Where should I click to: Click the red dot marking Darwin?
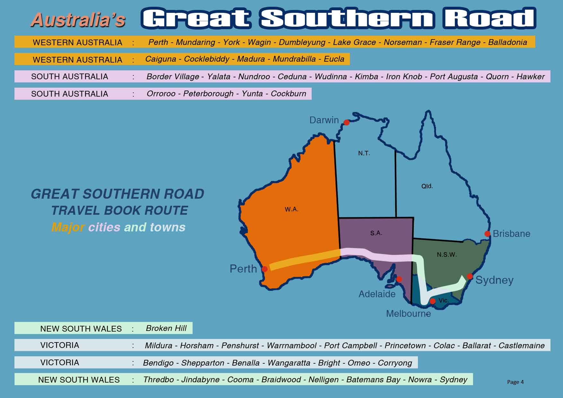346,122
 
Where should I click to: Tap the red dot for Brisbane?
487,234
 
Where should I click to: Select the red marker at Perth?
265,269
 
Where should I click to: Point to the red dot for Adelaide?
399,279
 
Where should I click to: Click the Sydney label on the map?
494,280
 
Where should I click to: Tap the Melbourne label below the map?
408,314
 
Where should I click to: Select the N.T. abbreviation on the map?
364,153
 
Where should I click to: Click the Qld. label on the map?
427,186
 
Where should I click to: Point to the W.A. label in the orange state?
291,209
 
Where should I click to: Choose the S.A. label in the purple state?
376,233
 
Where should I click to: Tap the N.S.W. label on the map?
446,255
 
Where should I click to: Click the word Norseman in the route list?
403,42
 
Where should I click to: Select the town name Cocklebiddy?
207,59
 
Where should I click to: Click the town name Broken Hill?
166,328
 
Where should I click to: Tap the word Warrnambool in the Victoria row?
291,346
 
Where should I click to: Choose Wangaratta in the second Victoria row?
289,363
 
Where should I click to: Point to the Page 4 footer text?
515,382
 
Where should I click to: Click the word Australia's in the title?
78,20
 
